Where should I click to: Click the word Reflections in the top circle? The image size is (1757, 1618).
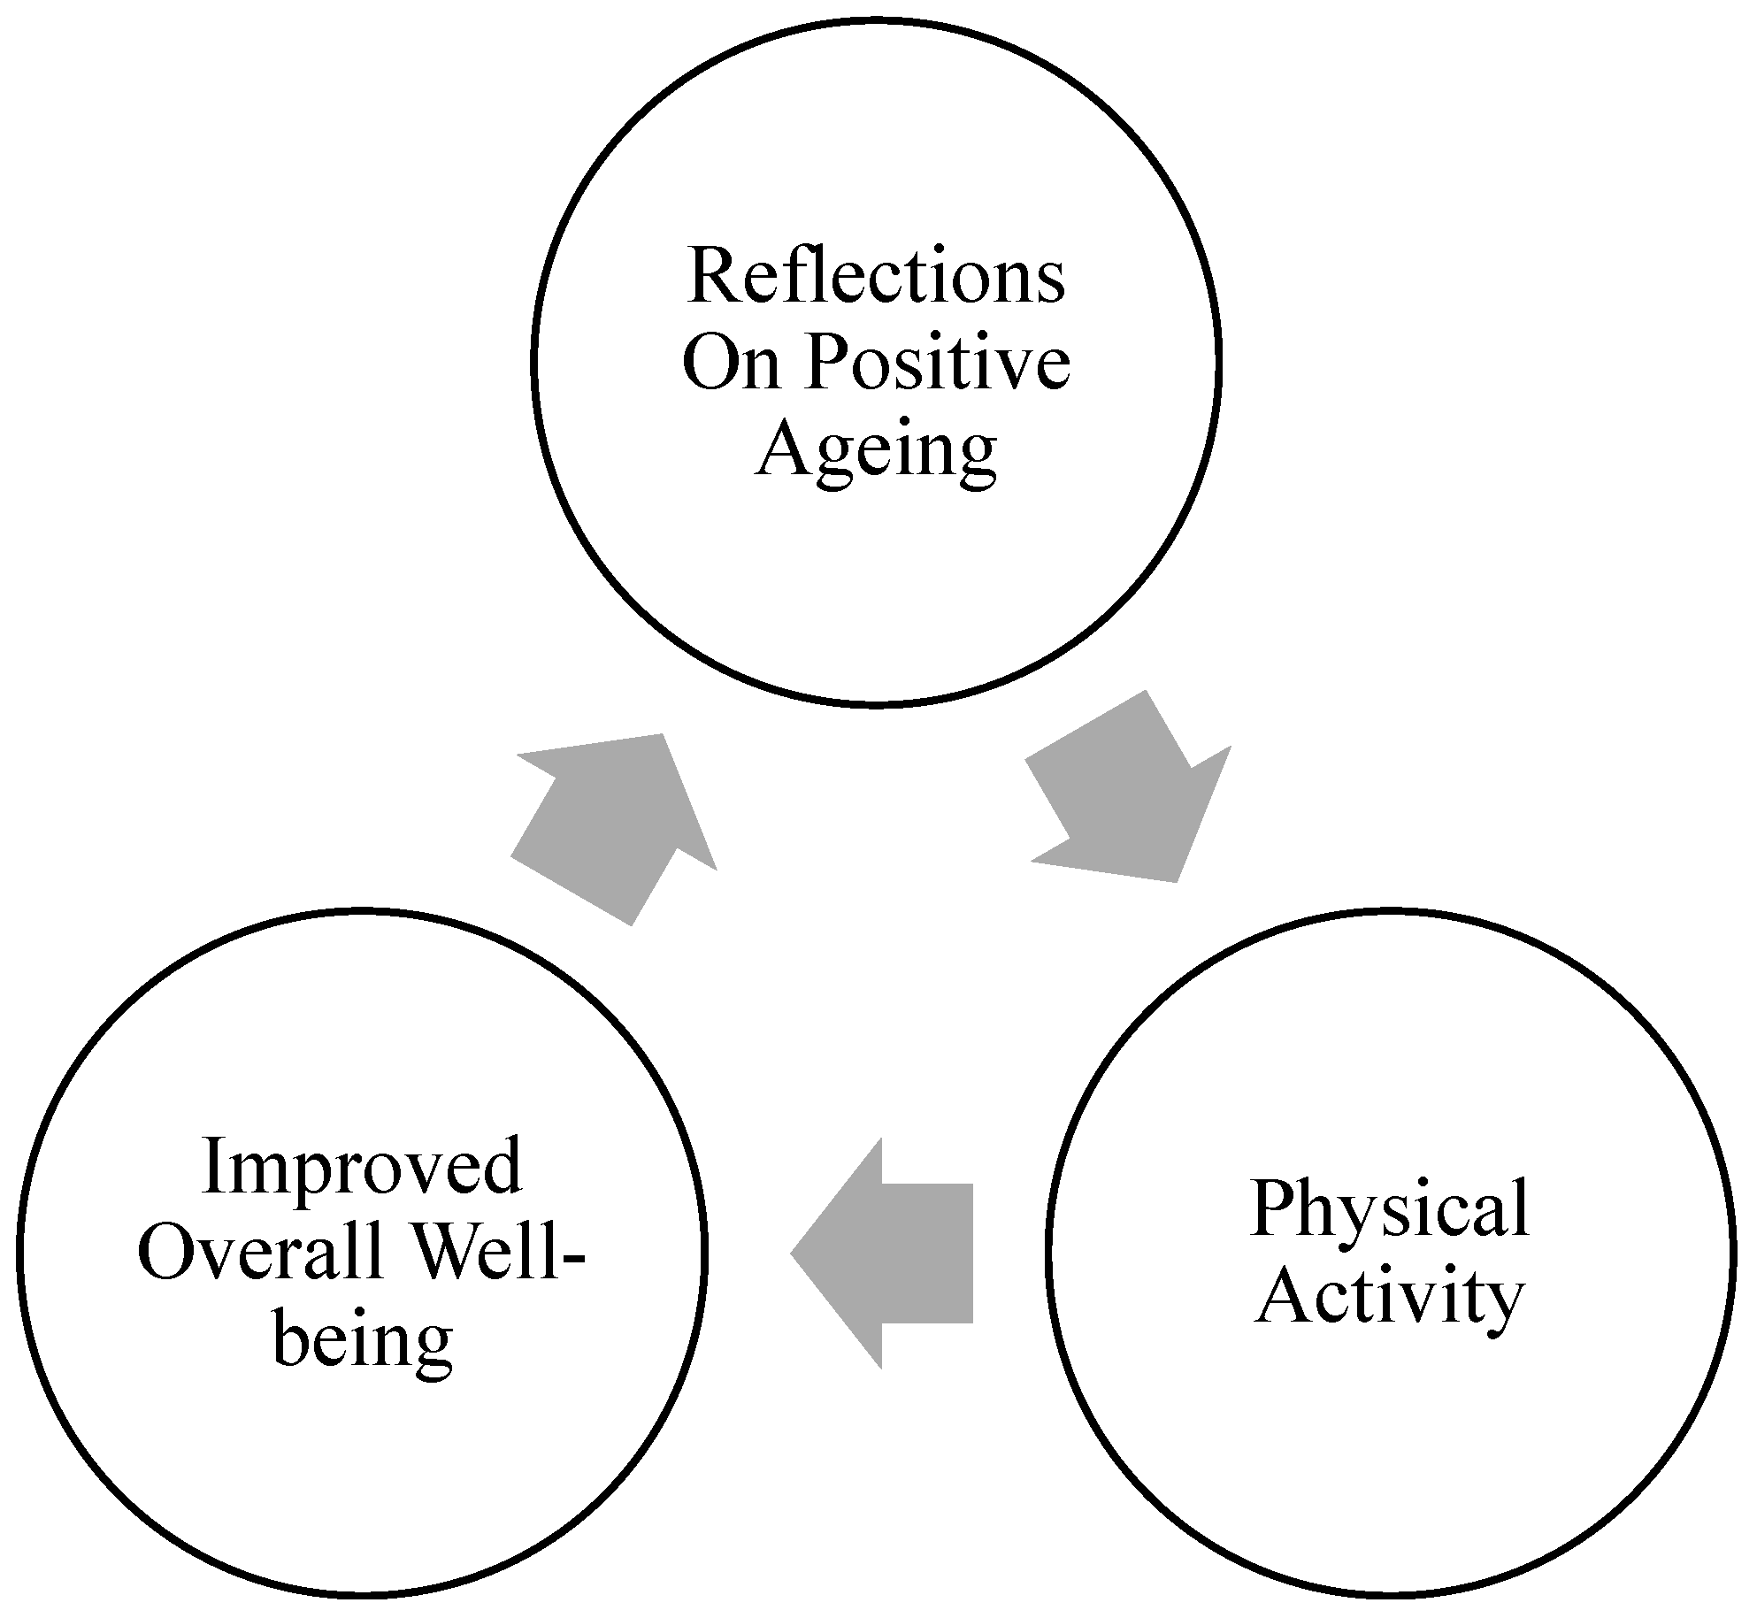(x=876, y=277)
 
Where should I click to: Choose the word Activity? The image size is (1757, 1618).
(x=1390, y=1297)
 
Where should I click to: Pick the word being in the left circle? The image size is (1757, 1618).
(x=363, y=1339)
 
